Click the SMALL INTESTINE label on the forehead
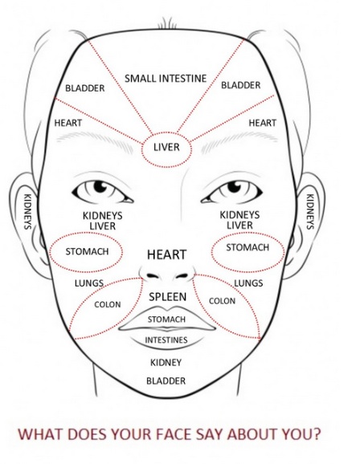[x=166, y=79]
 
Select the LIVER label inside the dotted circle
[x=166, y=147]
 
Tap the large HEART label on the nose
[x=167, y=254]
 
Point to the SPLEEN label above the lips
[x=167, y=296]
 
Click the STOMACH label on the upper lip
[x=166, y=320]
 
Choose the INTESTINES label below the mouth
[x=166, y=340]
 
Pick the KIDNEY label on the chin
[x=166, y=363]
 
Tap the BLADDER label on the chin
[x=166, y=381]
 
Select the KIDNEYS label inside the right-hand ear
[x=309, y=212]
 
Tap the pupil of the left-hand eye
[x=100, y=185]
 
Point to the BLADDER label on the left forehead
[x=85, y=88]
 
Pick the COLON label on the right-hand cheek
[x=223, y=301]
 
